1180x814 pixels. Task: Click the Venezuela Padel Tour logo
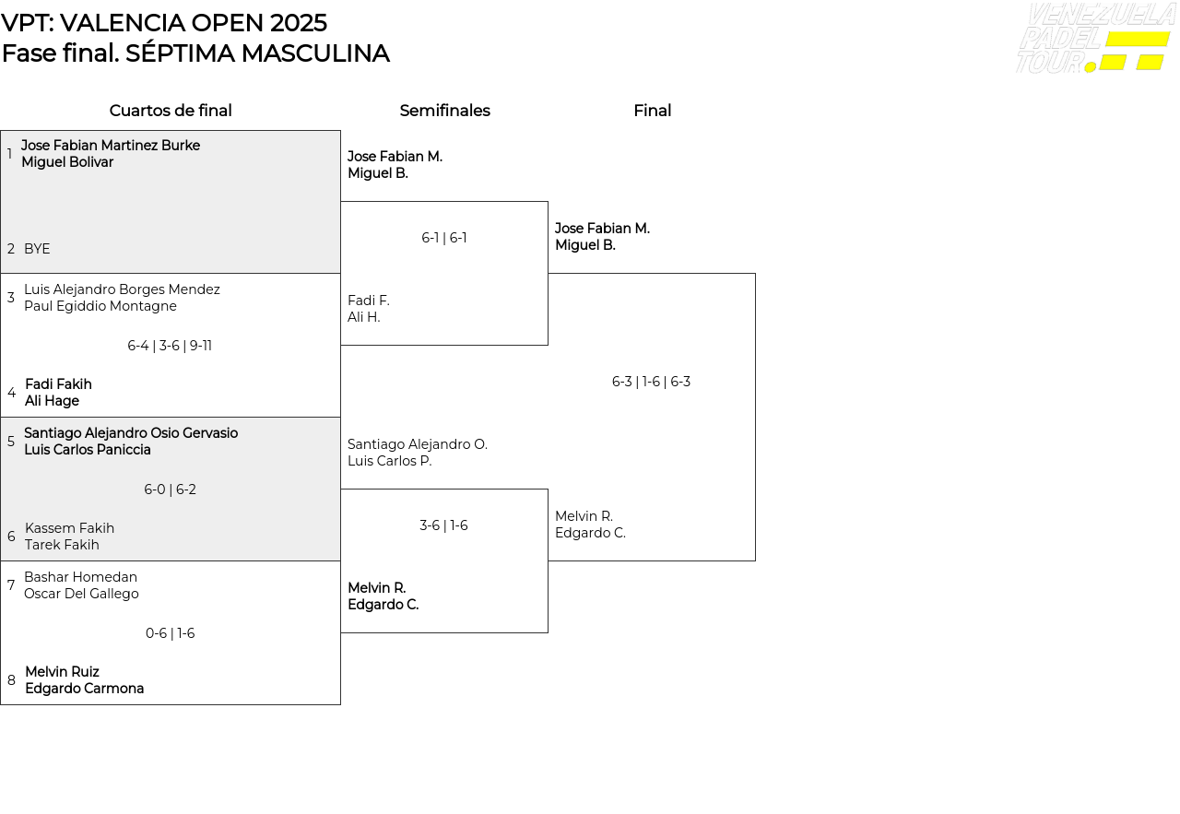[1095, 39]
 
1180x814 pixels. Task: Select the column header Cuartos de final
[171, 112]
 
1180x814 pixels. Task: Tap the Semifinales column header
[444, 112]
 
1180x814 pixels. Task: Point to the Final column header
[652, 112]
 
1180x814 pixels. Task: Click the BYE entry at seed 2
[37, 249]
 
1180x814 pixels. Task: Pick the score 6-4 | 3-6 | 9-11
[170, 346]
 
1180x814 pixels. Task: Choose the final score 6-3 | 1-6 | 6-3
[651, 382]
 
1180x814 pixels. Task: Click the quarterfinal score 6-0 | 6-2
[170, 490]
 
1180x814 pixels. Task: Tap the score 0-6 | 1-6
[170, 633]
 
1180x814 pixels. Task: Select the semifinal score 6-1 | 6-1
[444, 238]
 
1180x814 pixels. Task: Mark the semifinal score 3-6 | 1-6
[443, 525]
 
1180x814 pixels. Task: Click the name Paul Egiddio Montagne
[100, 306]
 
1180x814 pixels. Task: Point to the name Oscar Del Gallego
[81, 594]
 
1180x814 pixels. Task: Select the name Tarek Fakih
[62, 545]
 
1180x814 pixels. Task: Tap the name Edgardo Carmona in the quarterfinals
[84, 689]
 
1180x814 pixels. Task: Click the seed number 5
[11, 442]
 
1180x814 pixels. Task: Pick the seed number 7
[11, 585]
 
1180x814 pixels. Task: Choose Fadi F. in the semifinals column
[369, 301]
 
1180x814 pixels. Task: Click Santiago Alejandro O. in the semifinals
[418, 444]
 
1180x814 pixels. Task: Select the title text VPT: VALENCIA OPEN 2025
[164, 23]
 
